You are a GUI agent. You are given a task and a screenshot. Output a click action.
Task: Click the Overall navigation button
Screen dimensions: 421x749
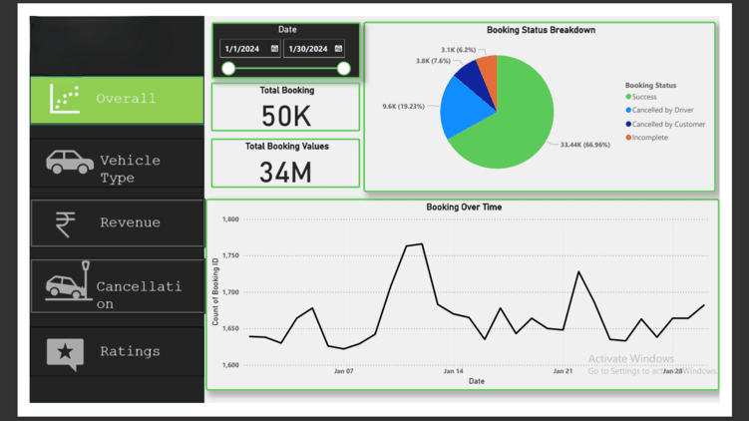tap(117, 99)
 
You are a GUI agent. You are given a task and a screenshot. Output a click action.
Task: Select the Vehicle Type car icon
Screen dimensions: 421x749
tap(70, 162)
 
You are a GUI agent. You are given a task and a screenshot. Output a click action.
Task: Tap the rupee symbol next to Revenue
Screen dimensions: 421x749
tap(66, 223)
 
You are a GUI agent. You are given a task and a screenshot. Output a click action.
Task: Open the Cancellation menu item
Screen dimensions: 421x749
tap(117, 287)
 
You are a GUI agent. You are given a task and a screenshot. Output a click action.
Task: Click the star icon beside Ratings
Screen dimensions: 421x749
tap(66, 351)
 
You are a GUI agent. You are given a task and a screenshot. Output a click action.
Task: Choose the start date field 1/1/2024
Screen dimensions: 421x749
tap(250, 49)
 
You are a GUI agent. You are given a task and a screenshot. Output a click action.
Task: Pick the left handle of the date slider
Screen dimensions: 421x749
tap(228, 68)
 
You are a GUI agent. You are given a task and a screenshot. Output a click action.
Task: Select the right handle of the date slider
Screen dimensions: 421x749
tap(344, 68)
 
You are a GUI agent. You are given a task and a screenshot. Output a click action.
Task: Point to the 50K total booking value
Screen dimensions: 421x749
tap(286, 116)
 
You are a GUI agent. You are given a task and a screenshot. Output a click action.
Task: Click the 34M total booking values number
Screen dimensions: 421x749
tap(286, 172)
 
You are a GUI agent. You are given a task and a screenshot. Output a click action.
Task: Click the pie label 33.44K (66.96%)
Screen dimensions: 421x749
tap(584, 145)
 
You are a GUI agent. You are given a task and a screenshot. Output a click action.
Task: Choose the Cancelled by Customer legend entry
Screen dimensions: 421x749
tap(667, 124)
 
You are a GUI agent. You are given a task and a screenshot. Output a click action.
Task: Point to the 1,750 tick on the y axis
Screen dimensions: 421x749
tap(230, 256)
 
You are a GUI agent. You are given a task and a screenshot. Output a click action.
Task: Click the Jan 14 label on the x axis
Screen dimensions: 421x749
tap(453, 371)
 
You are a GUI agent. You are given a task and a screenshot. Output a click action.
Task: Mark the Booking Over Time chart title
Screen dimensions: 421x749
tap(464, 208)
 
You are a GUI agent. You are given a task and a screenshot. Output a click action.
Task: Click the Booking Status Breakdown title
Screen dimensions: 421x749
tap(541, 30)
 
